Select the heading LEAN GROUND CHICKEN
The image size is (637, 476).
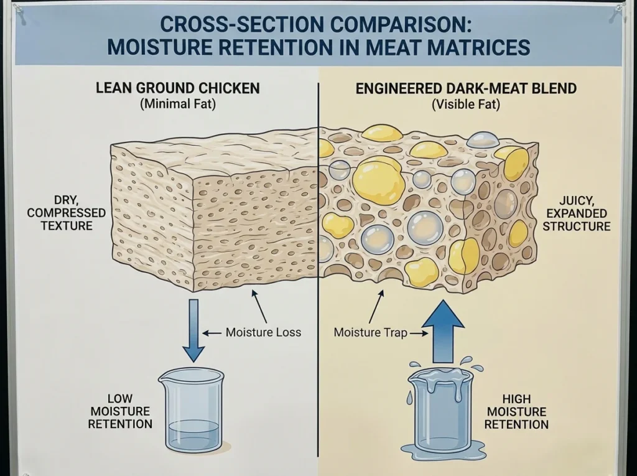pos(177,88)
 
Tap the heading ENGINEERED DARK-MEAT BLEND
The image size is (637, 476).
pos(466,88)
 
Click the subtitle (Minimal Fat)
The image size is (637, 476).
pos(177,104)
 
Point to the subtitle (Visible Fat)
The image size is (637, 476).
pos(465,105)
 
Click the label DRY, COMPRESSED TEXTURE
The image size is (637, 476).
pos(66,213)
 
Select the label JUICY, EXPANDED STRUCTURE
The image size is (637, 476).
pos(577,213)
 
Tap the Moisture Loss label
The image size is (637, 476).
pos(263,332)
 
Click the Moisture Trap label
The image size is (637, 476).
pos(370,332)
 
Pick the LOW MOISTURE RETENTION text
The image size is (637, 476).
pos(120,411)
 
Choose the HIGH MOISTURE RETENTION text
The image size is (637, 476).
pos(516,411)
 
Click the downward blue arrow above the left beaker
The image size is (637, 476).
pos(194,330)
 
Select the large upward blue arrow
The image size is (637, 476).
pos(443,332)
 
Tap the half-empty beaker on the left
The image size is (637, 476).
pos(192,411)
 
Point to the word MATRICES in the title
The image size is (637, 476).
pos(478,47)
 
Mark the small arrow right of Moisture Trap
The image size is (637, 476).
pos(419,334)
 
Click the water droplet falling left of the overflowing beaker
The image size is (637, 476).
pos(409,398)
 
